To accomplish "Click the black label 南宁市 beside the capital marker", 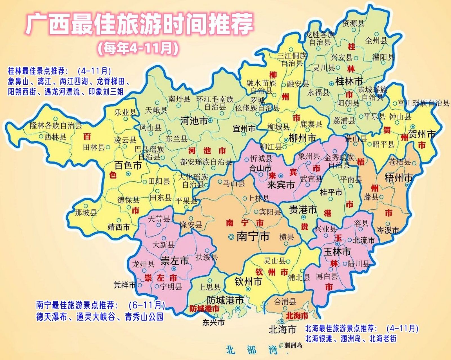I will pyautogui.click(x=253, y=236).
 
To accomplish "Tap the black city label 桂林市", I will pyautogui.click(x=349, y=82).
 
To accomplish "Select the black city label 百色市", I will pyautogui.click(x=128, y=165).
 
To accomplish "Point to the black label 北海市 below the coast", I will pyautogui.click(x=282, y=329).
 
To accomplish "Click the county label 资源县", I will pyautogui.click(x=354, y=23).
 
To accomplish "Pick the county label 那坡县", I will pyautogui.click(x=86, y=212).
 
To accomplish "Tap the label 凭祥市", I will pyautogui.click(x=125, y=285).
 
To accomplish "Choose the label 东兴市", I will pyautogui.click(x=213, y=322).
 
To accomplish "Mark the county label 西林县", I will pyautogui.click(x=55, y=137).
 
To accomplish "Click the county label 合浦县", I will pyautogui.click(x=285, y=302).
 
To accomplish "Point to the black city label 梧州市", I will pyautogui.click(x=399, y=178).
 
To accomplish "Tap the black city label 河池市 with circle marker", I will pyautogui.click(x=194, y=121).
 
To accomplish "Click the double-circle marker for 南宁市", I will pyautogui.click(x=231, y=237).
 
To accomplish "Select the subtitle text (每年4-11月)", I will pyautogui.click(x=138, y=48).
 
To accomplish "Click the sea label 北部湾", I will pyautogui.click(x=251, y=350).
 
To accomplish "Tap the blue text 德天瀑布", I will pyautogui.click(x=52, y=317).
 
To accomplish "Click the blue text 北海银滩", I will pyautogui.click(x=318, y=338).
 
